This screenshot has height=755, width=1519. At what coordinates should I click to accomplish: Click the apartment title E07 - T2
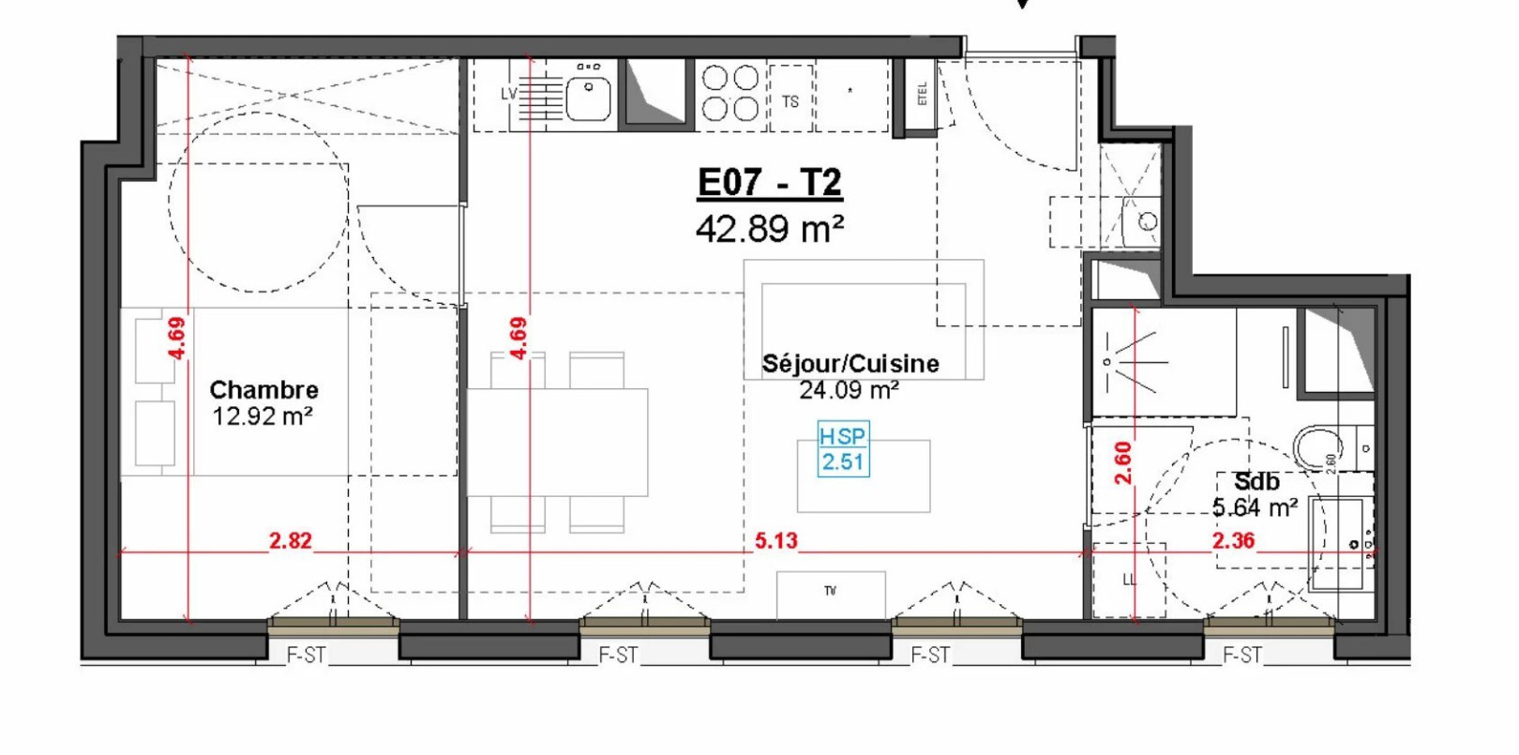(x=769, y=183)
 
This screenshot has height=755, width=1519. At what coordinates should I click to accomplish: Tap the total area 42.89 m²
(x=769, y=229)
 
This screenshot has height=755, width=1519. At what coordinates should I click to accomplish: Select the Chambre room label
(x=263, y=389)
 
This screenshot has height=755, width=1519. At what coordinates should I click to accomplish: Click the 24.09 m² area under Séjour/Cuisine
(x=849, y=390)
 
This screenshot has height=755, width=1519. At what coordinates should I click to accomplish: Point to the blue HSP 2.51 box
(x=842, y=449)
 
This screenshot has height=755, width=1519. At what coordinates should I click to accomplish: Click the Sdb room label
(x=1256, y=482)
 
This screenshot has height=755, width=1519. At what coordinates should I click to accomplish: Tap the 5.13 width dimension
(x=775, y=541)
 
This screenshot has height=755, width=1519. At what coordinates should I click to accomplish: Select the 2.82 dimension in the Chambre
(x=290, y=541)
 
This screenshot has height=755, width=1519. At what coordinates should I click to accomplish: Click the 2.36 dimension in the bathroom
(x=1232, y=541)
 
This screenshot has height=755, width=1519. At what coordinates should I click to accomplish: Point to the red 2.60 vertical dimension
(x=1123, y=462)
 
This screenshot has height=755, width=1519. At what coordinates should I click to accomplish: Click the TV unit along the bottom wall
(x=831, y=594)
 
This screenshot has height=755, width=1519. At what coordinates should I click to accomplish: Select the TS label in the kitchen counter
(x=790, y=101)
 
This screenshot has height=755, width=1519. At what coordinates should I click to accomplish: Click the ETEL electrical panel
(x=922, y=94)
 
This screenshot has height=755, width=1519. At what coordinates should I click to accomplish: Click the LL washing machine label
(x=1129, y=580)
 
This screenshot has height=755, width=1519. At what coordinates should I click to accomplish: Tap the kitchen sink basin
(x=589, y=98)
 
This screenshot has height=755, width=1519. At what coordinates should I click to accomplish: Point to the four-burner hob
(x=730, y=93)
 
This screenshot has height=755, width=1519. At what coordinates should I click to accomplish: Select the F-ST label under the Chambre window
(x=306, y=656)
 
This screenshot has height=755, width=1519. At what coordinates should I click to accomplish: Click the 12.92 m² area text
(x=262, y=416)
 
